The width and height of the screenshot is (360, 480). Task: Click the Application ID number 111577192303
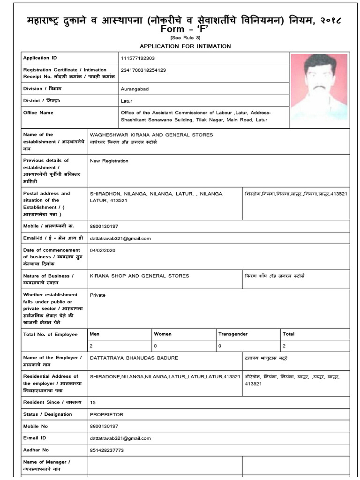pos(137,58)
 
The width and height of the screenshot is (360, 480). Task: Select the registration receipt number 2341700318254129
pos(143,70)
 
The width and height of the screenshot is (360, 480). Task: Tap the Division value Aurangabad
pos(135,89)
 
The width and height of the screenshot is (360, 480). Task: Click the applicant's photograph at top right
pos(319,86)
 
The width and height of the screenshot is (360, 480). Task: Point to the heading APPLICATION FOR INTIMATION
pos(185,46)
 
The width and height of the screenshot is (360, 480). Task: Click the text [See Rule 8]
pos(185,38)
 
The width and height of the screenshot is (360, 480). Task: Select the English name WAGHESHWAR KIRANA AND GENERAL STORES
pos(151,135)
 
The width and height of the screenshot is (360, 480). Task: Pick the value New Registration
pos(109,161)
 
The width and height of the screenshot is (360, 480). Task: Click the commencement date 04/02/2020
pos(102,250)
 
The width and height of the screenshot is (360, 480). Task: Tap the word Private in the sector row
pos(97,295)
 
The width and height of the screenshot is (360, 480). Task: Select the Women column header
pos(163,334)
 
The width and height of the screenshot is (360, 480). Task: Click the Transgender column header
pos(233,334)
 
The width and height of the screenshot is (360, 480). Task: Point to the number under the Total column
pos(284,346)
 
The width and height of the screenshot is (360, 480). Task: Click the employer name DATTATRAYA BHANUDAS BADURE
pos(134,358)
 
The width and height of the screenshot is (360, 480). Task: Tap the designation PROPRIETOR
pos(106,414)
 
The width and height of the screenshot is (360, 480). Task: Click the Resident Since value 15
pos(93,403)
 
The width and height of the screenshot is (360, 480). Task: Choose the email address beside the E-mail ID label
pos(120,438)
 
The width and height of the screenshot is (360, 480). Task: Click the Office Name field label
pos(38,113)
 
